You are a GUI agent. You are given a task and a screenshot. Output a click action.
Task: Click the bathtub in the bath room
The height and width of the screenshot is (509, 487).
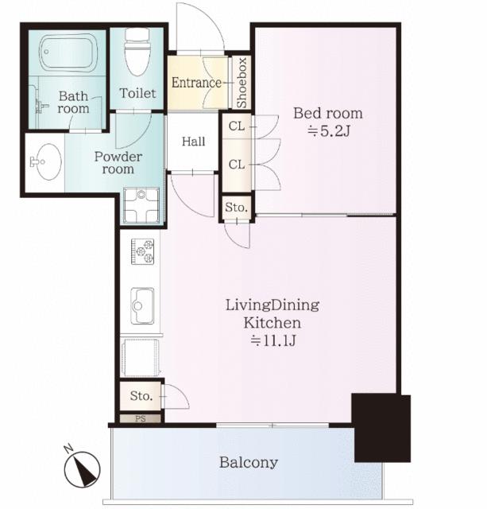[x=68, y=52]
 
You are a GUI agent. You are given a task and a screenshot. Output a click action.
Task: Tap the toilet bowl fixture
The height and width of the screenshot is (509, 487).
[x=137, y=52]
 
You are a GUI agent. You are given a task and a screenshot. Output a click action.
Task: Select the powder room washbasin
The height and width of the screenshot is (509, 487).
[x=46, y=161]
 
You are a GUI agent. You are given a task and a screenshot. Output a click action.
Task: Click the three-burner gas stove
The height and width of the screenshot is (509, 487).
[x=142, y=251]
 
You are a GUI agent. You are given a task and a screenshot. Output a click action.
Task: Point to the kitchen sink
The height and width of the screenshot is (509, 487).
[x=142, y=305]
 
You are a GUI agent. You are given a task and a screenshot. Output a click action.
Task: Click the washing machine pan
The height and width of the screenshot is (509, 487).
[x=141, y=205]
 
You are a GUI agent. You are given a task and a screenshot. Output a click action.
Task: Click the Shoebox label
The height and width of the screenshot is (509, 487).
[x=242, y=83]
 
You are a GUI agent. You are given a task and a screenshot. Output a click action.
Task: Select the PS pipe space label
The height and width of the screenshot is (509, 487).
[x=141, y=419]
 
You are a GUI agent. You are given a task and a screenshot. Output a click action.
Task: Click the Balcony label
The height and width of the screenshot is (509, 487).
[x=249, y=462]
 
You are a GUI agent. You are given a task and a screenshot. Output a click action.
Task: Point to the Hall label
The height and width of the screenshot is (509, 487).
[x=193, y=142]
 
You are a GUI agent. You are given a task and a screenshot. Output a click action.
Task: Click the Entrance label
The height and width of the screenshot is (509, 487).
[x=196, y=83]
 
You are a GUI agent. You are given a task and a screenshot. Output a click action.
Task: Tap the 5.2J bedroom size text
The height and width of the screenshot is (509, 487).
[x=328, y=131]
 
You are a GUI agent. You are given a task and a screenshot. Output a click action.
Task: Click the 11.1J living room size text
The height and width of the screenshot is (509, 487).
[x=273, y=340]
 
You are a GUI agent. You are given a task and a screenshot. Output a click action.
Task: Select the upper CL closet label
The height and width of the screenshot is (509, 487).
[x=237, y=126]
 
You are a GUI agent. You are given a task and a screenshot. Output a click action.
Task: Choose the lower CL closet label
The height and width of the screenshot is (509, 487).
[x=237, y=165]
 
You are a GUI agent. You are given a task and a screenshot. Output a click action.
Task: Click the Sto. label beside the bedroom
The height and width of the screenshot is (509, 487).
[x=237, y=207]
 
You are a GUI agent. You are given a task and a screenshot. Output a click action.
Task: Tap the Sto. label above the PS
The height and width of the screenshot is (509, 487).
[x=141, y=396]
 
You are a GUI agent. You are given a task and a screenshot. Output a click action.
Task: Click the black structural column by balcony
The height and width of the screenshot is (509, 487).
[x=381, y=428]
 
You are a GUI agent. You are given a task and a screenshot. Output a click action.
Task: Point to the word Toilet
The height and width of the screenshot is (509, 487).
[x=137, y=94]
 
